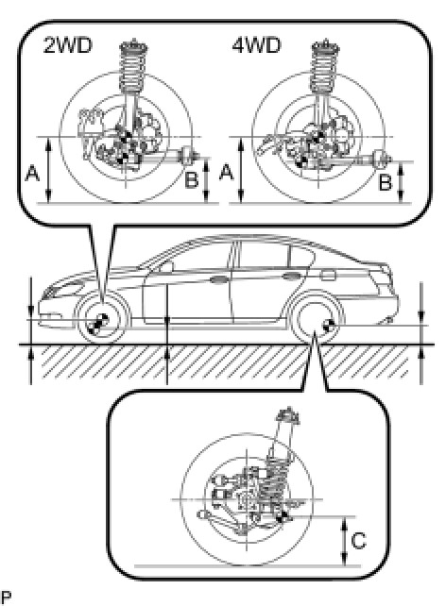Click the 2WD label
coord(68,45)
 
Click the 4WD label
coord(256,45)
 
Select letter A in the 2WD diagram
coord(32,173)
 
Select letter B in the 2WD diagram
coord(191,179)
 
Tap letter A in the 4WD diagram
coord(227,172)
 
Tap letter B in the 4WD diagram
coord(385,182)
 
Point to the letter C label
coord(358,540)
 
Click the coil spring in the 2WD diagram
coord(133,66)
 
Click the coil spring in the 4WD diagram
coord(325,66)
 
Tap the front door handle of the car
coord(218,279)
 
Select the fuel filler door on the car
coord(328,276)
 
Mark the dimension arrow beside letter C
coord(344,541)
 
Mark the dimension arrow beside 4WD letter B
coord(401,182)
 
